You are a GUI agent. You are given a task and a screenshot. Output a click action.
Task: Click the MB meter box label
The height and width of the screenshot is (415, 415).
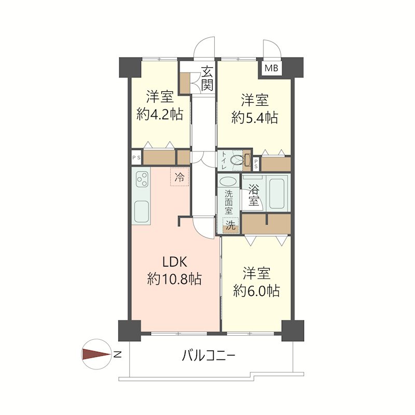pyautogui.click(x=272, y=68)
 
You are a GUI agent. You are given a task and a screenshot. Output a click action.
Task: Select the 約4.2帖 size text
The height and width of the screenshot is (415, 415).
pyautogui.click(x=159, y=115)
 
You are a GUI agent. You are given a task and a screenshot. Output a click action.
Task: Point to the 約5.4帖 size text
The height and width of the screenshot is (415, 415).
pyautogui.click(x=254, y=117)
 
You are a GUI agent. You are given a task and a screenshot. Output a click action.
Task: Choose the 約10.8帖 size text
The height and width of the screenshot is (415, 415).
pyautogui.click(x=174, y=280)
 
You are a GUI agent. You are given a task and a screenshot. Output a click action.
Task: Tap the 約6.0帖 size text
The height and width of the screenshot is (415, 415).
pyautogui.click(x=256, y=290)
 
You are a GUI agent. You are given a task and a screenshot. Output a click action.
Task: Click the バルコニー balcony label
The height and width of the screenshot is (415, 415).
pyautogui.click(x=209, y=356)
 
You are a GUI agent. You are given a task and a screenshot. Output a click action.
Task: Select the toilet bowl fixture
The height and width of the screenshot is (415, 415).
pyautogui.click(x=238, y=160)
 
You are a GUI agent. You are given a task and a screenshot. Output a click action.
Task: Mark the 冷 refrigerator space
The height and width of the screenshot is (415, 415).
pyautogui.click(x=179, y=177)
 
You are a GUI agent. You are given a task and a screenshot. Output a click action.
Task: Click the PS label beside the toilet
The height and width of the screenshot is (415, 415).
pyautogui.click(x=256, y=164)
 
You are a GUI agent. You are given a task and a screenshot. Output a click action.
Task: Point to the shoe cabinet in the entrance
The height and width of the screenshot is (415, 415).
pyautogui.click(x=185, y=84)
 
